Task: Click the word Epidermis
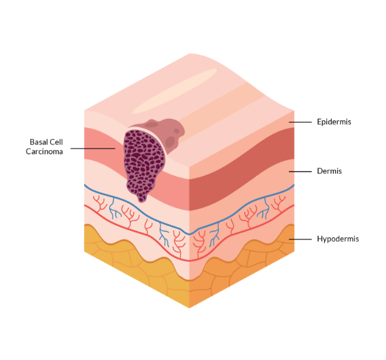click(334, 122)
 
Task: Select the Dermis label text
click(329, 171)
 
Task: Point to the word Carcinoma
click(44, 151)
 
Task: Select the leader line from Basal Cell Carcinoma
click(93, 148)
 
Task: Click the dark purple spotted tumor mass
click(143, 164)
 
